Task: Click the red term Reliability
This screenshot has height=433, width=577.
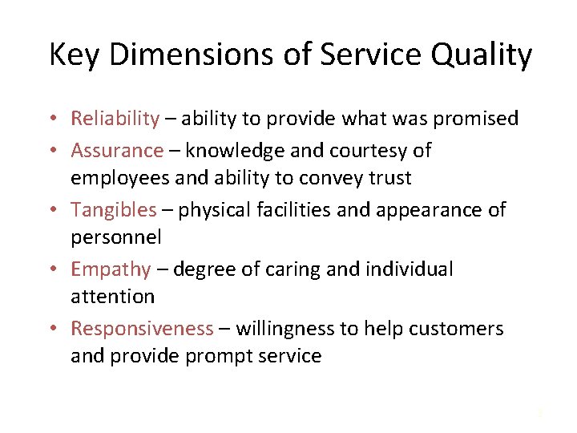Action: [115, 119]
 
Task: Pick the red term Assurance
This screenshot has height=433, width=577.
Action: [117, 150]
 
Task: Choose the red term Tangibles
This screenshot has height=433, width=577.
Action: [114, 209]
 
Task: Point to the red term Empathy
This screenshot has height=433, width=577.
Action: [111, 269]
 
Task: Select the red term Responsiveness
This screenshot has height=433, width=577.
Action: [142, 329]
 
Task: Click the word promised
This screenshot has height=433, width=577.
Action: [471, 119]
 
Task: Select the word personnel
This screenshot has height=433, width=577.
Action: [115, 237]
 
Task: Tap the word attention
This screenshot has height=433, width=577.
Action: [112, 296]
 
